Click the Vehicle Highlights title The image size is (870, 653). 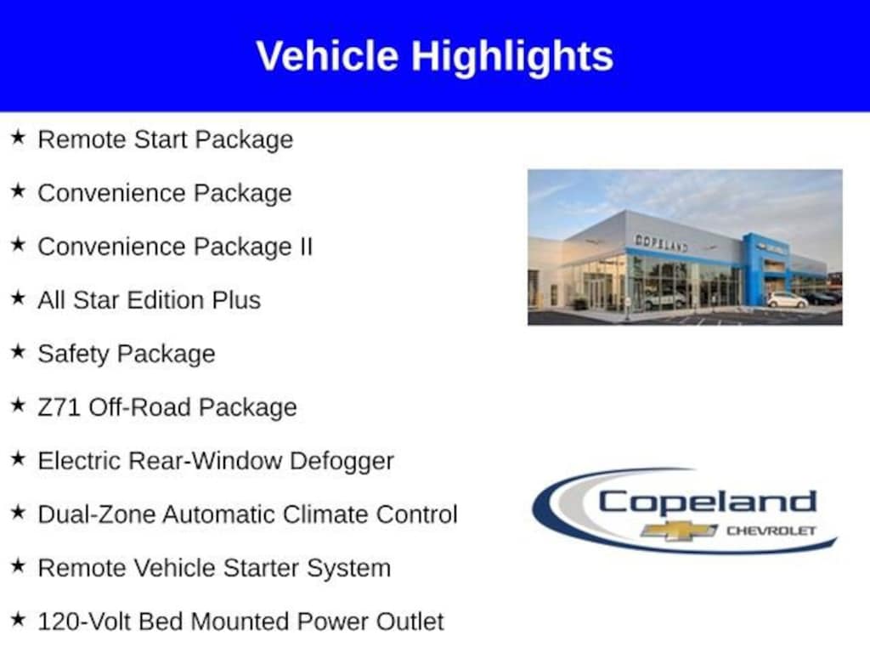434,56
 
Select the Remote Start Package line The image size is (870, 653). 165,139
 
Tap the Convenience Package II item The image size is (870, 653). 175,247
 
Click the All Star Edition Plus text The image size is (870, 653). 149,300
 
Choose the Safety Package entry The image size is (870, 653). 126,354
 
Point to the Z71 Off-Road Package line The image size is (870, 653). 167,407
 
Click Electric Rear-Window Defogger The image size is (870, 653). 216,461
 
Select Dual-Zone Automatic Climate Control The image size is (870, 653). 247,514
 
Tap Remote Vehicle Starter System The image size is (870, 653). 214,568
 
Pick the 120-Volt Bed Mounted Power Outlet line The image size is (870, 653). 240,622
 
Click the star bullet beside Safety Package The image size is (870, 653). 18,352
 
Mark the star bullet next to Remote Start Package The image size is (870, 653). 18,138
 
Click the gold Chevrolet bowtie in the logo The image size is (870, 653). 679,531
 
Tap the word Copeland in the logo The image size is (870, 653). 707,503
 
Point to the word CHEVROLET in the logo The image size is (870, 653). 771,531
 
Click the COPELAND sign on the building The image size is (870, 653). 661,243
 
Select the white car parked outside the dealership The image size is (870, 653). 787,300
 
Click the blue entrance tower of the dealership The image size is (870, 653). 754,268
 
